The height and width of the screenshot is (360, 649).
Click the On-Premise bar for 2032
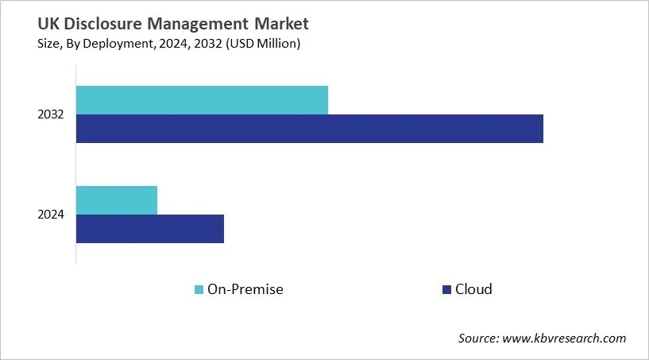pos(202,99)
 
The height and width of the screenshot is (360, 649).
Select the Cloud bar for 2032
pos(310,129)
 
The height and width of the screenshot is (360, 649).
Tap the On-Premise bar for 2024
pos(117,200)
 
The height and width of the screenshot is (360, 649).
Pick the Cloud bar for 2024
pos(150,229)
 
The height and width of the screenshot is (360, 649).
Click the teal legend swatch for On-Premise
pos(199,289)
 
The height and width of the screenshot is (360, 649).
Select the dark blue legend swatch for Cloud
pos(446,289)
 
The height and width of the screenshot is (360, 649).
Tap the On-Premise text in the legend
pos(245,289)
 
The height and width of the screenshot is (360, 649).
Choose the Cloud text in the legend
pos(473,289)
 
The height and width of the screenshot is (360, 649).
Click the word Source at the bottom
pos(477,338)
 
